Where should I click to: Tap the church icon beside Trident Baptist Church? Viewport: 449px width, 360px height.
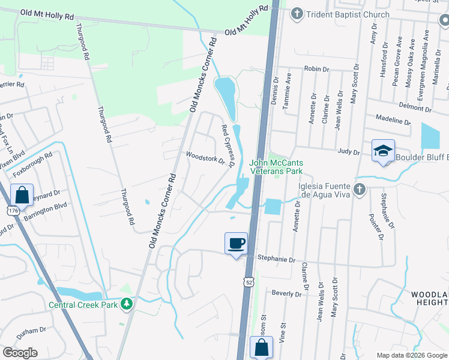pos(296,14)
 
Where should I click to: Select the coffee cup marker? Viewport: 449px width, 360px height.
pos(235,243)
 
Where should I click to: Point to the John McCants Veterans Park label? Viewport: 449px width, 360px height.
pos(276,167)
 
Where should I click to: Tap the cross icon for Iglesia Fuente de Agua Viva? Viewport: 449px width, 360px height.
pos(359,190)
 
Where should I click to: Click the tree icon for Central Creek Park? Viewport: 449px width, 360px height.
pos(126,304)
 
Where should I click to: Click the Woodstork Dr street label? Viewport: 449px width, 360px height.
pos(205,158)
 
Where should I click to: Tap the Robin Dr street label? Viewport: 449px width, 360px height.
pos(316,70)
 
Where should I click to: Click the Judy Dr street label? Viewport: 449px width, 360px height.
pos(348,152)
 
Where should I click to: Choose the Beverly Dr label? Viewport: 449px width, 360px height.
pos(286,294)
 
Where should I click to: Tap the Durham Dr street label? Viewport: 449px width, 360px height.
pos(32,331)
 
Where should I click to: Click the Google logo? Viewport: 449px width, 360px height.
pos(20,353)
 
